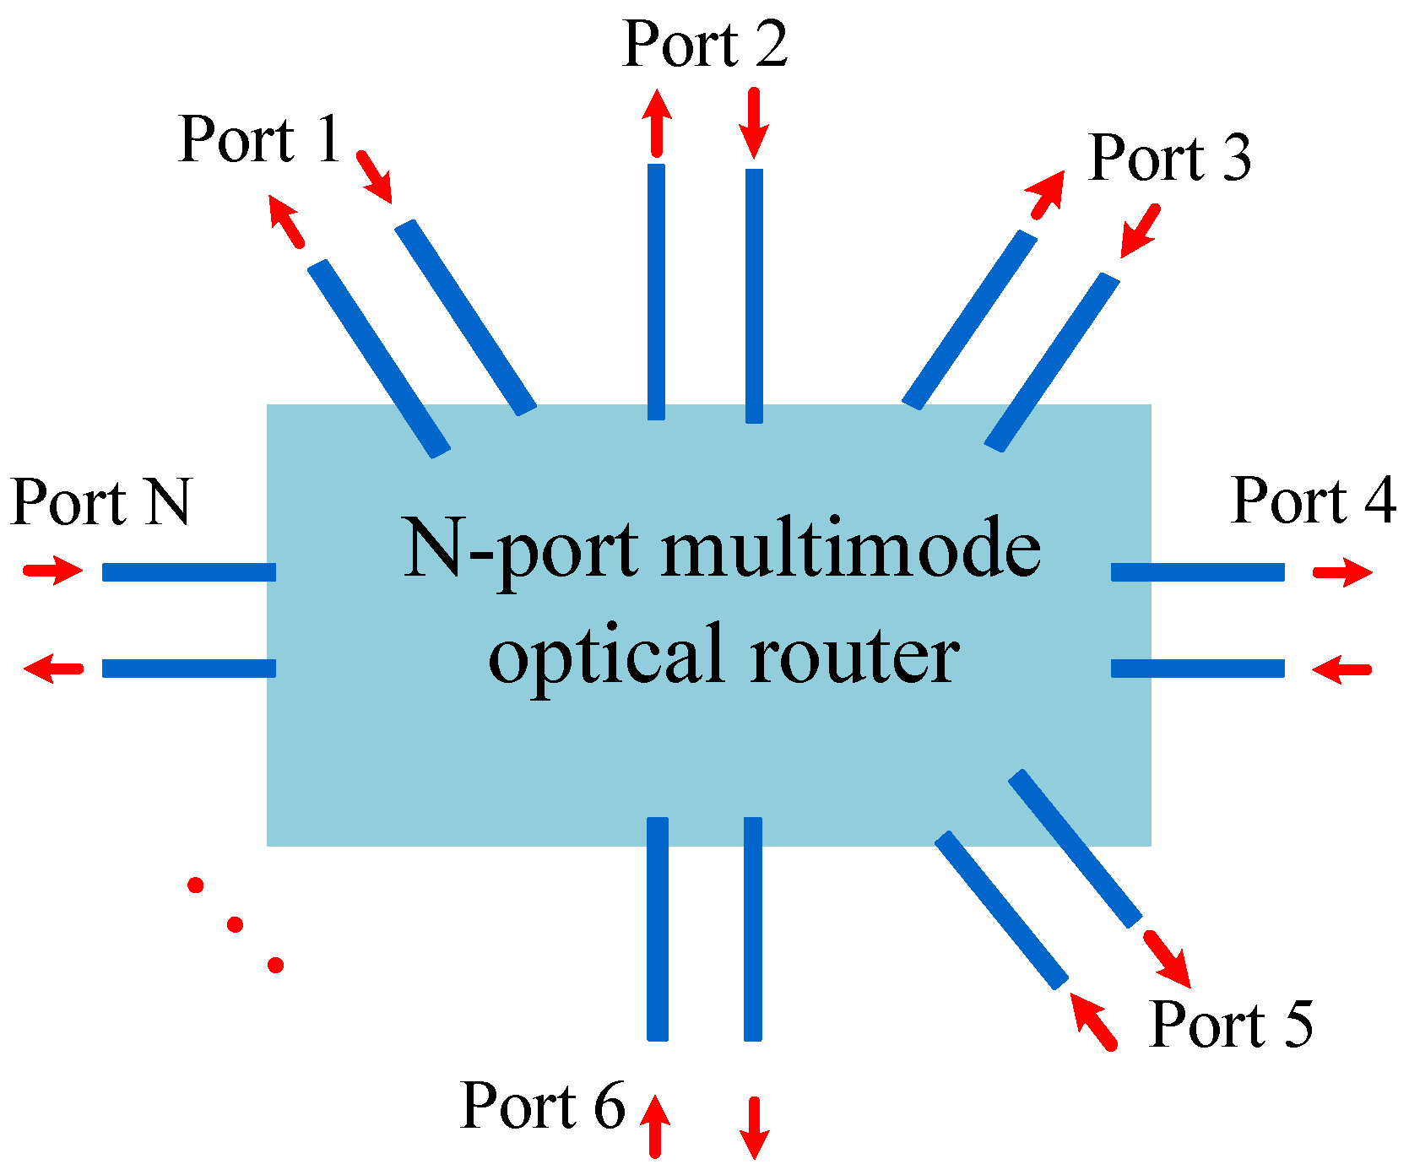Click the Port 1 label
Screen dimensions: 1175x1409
tap(259, 140)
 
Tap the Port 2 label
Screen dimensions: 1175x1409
tap(705, 44)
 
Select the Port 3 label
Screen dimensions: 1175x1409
tap(1169, 158)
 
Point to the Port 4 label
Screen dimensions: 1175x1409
tap(1313, 501)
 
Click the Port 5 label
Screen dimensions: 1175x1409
tap(1231, 1025)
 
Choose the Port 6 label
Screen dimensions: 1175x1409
tap(543, 1106)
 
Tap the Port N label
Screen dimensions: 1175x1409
tap(101, 503)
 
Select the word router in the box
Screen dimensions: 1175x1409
tap(854, 655)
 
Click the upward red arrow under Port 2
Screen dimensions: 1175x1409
tap(657, 122)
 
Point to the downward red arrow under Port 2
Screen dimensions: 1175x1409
tap(754, 122)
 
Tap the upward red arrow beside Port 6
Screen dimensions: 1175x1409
tap(655, 1125)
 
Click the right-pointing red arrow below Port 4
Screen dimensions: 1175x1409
tap(1342, 572)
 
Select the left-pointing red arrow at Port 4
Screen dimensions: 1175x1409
tap(1341, 669)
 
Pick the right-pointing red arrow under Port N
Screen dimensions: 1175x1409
tap(53, 571)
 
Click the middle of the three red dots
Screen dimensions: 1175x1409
tap(236, 924)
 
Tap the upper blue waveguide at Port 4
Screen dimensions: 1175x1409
tap(1197, 572)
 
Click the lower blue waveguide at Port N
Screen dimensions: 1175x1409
tap(189, 669)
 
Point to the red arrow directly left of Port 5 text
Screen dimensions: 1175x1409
tap(1093, 1021)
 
